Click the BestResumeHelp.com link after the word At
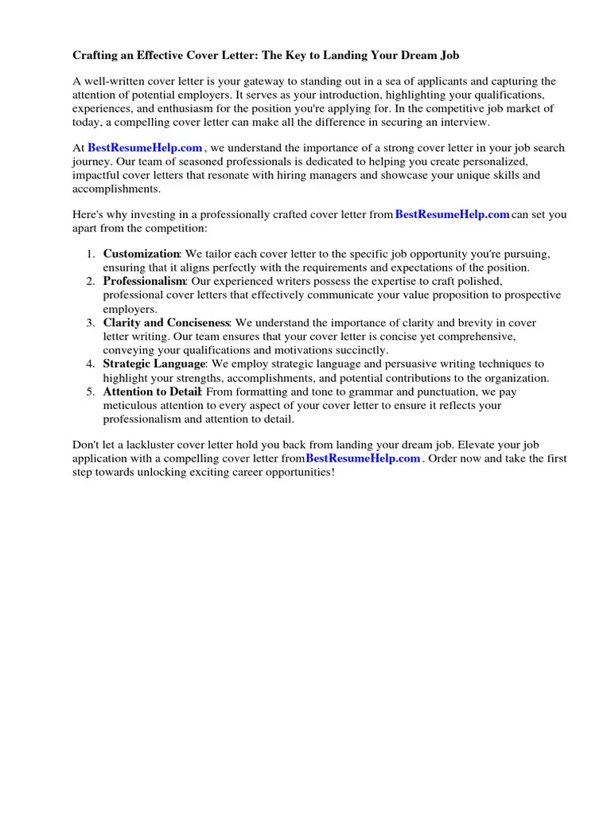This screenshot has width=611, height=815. [145, 148]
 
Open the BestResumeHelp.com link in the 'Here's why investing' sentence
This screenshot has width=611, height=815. [452, 214]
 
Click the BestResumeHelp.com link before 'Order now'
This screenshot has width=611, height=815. [363, 458]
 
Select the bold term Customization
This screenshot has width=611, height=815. [141, 254]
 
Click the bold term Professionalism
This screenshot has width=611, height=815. [144, 282]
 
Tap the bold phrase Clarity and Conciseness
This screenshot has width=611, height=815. [166, 323]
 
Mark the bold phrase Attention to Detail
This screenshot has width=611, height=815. [152, 392]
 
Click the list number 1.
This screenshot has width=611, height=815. [89, 254]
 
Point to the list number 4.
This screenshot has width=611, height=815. [89, 364]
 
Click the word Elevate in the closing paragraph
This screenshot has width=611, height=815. [469, 445]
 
